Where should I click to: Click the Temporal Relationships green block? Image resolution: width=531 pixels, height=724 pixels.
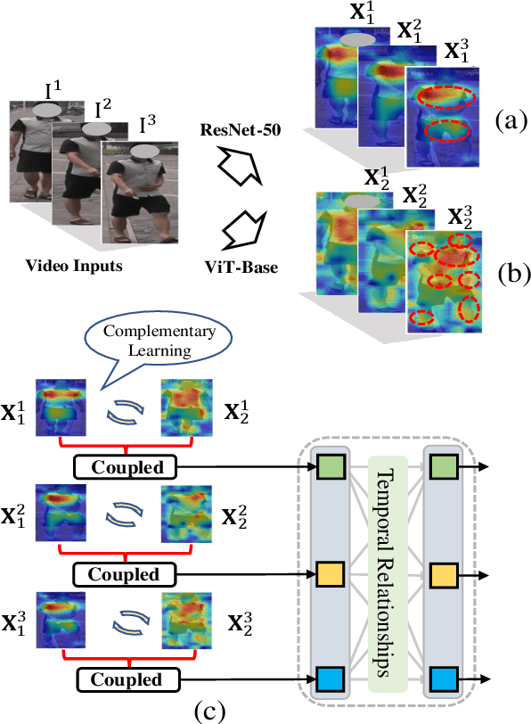click(x=387, y=571)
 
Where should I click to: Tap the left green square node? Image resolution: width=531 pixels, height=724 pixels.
click(x=330, y=466)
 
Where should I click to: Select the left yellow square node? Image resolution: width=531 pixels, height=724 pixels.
click(x=330, y=572)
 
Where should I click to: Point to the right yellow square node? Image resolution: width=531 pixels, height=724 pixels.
click(x=444, y=572)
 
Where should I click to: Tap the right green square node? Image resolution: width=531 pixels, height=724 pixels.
click(x=444, y=466)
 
